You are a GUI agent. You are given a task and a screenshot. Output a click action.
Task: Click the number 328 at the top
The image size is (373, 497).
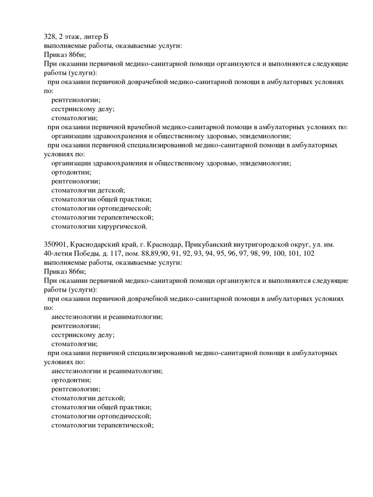pyautogui.click(x=50, y=36)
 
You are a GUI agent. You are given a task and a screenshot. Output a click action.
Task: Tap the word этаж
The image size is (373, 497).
pyautogui.click(x=75, y=36)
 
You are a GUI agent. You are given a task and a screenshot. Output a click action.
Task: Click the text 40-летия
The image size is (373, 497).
pyautogui.click(x=57, y=253)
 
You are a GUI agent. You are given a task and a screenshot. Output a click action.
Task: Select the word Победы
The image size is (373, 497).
pyautogui.click(x=87, y=253)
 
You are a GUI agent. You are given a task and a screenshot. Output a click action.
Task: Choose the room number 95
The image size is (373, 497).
pyautogui.click(x=221, y=253)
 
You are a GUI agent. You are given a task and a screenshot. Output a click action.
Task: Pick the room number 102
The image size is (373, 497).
pyautogui.click(x=308, y=253)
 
